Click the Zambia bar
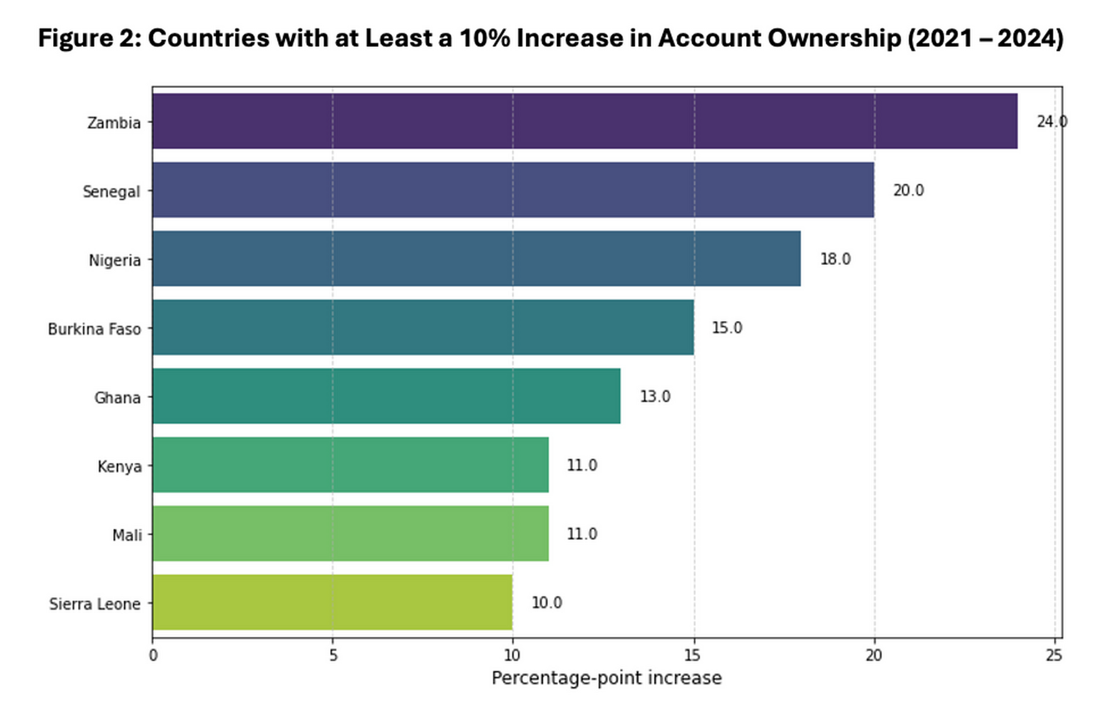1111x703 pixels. coord(585,121)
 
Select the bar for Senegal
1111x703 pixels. coord(513,190)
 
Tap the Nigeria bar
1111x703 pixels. coord(476,258)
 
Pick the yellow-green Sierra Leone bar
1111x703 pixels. coord(332,602)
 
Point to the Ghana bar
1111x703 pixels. coord(386,396)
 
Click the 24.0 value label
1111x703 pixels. coord(1051,121)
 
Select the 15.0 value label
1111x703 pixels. coord(727,328)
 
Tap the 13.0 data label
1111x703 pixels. coord(654,396)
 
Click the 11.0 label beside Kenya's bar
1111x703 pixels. coord(581,465)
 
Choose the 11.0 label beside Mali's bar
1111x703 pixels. coord(581,534)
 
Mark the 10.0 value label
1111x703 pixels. coord(546,602)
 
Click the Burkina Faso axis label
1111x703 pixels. coord(94,329)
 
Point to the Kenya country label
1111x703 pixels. coord(119,466)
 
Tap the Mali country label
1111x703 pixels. coord(127,535)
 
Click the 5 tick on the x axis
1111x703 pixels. coord(333,655)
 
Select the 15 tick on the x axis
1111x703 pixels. coord(692,655)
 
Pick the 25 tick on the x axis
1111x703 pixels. coord(1054,655)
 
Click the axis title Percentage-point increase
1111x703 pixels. coord(606,678)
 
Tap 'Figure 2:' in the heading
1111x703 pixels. coord(89,38)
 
